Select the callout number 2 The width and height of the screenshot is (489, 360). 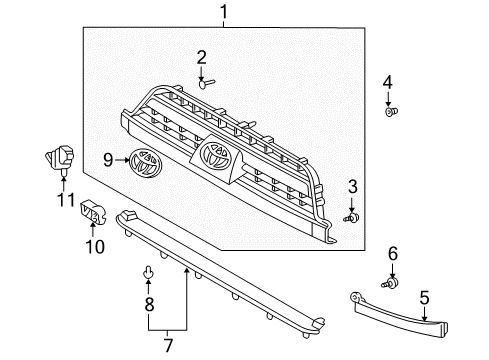click(x=201, y=57)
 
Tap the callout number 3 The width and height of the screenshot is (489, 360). click(x=352, y=186)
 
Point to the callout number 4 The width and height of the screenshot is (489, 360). click(x=389, y=82)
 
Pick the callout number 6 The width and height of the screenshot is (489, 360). click(x=393, y=254)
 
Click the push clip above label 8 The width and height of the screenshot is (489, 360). click(x=148, y=271)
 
